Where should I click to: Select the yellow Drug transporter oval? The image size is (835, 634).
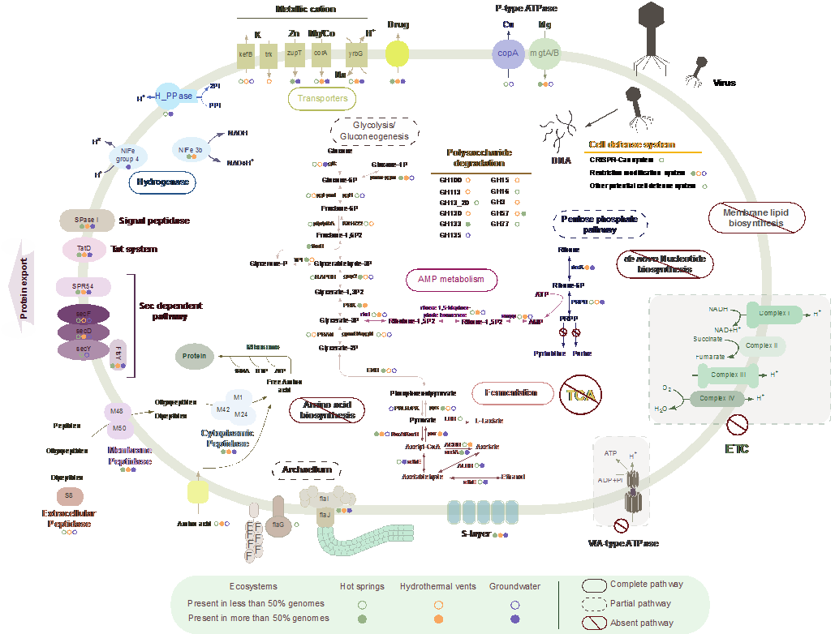[x=397, y=54]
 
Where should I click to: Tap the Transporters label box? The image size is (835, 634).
[x=322, y=99]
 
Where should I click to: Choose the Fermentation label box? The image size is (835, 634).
[x=511, y=393]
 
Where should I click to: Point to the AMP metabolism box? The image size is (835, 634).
[x=451, y=280]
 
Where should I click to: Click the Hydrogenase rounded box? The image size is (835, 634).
[x=162, y=182]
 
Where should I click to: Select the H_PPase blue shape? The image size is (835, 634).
[x=174, y=96]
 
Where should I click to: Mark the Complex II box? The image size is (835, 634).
[x=761, y=346]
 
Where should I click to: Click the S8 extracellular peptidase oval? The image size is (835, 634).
[x=68, y=495]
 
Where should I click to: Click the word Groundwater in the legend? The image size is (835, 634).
[x=514, y=586]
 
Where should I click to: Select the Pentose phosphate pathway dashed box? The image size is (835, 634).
[x=599, y=224]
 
